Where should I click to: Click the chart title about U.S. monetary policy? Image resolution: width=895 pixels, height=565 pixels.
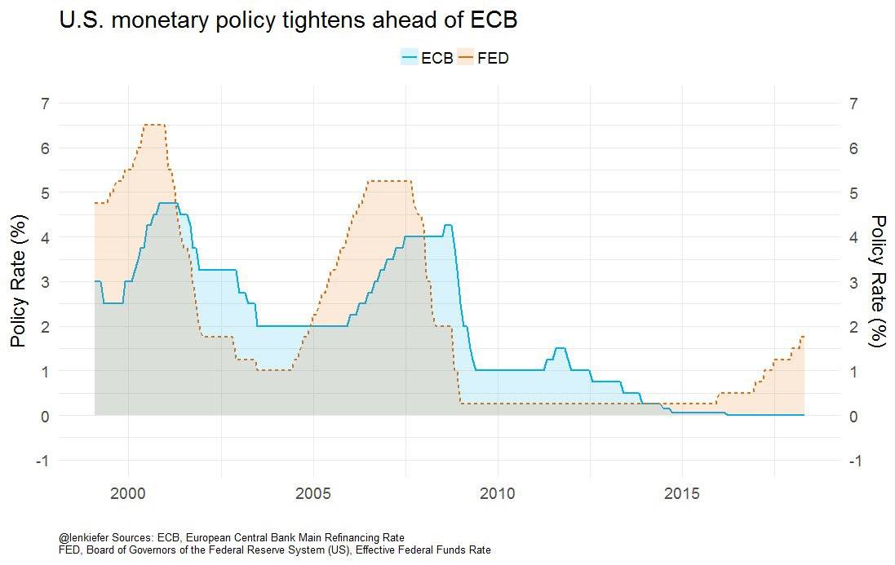(x=289, y=20)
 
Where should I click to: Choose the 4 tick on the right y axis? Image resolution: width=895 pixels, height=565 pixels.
(x=853, y=237)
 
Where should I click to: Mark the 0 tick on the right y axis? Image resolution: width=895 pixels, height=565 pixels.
(x=853, y=416)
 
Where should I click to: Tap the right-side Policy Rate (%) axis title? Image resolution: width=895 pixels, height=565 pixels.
(x=878, y=281)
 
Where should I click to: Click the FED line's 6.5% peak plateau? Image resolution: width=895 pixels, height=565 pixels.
(x=154, y=125)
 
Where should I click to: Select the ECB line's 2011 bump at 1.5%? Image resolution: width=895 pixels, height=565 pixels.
(x=560, y=348)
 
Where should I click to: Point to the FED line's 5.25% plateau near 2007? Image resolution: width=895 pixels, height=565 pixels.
(x=389, y=181)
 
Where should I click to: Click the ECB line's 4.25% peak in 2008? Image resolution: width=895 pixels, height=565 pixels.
(x=448, y=225)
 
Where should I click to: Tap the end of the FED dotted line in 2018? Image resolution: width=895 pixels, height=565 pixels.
(x=804, y=336)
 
